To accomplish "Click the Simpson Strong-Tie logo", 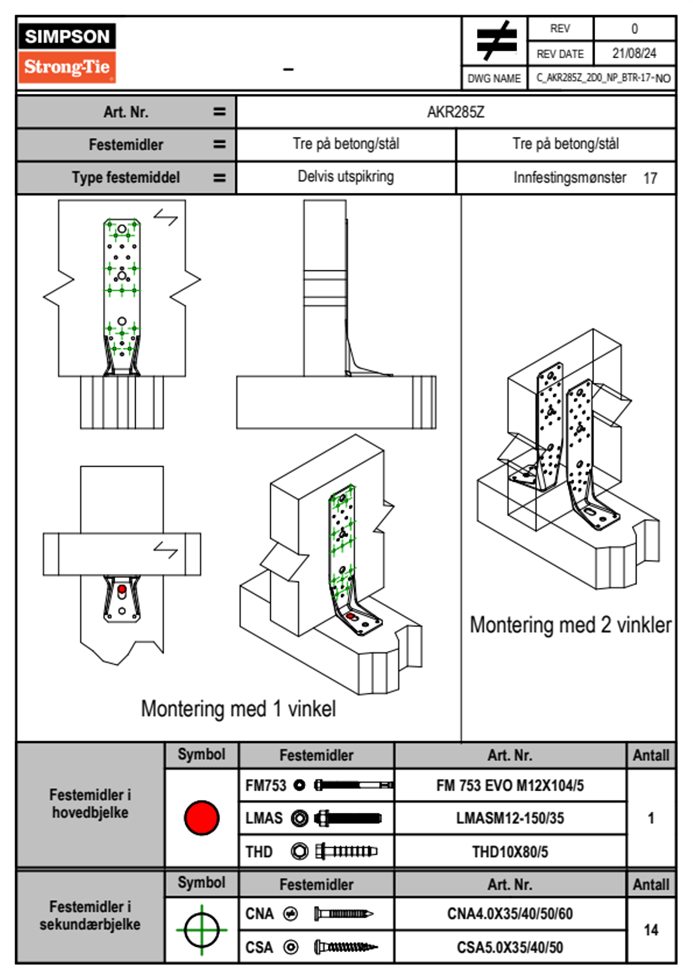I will [x=67, y=52].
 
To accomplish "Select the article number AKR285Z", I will [x=455, y=112].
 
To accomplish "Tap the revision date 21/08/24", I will [x=634, y=54].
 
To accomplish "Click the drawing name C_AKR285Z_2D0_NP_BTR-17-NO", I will [x=603, y=77].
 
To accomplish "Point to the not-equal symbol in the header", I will [x=496, y=41].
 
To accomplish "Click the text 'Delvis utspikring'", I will [x=345, y=177].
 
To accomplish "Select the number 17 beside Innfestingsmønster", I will [x=650, y=178].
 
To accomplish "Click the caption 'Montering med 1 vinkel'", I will [x=238, y=709].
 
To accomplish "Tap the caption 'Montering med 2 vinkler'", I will [x=570, y=625].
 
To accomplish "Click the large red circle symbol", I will [x=201, y=817].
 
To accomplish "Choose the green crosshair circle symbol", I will [x=201, y=930].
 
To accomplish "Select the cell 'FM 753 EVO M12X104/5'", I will [x=510, y=785].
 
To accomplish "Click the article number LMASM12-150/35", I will [x=510, y=818].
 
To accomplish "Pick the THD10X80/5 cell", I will [x=510, y=852].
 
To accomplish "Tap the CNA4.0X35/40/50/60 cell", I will [x=510, y=914].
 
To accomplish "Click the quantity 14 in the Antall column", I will [x=650, y=930].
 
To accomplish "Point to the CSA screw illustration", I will [x=345, y=947].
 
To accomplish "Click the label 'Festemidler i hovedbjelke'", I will [x=90, y=803].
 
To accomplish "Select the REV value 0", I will [x=634, y=29].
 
